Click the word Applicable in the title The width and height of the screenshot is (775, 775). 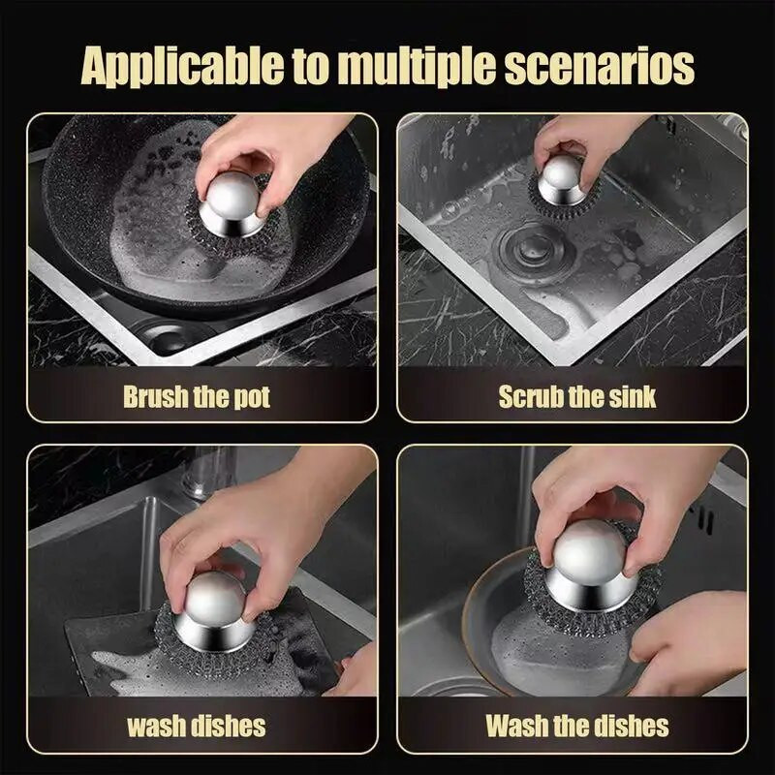(x=182, y=67)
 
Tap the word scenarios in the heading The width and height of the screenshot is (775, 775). (x=599, y=66)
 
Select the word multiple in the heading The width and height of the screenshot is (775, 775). (x=418, y=66)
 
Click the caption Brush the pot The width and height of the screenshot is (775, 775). (x=197, y=396)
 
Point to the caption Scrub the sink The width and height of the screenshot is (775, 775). (x=577, y=396)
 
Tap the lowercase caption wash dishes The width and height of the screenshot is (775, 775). (x=197, y=726)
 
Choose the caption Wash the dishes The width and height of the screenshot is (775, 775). (x=577, y=726)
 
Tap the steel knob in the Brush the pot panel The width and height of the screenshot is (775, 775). (x=232, y=202)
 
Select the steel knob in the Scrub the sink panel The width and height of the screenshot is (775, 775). (x=562, y=179)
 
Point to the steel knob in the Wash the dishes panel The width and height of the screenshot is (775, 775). (x=590, y=563)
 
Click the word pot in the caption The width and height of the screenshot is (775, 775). (x=252, y=398)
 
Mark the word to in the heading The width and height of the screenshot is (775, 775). (x=310, y=68)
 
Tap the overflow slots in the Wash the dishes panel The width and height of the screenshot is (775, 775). (x=703, y=518)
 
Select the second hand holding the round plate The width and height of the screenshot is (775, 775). (x=691, y=642)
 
